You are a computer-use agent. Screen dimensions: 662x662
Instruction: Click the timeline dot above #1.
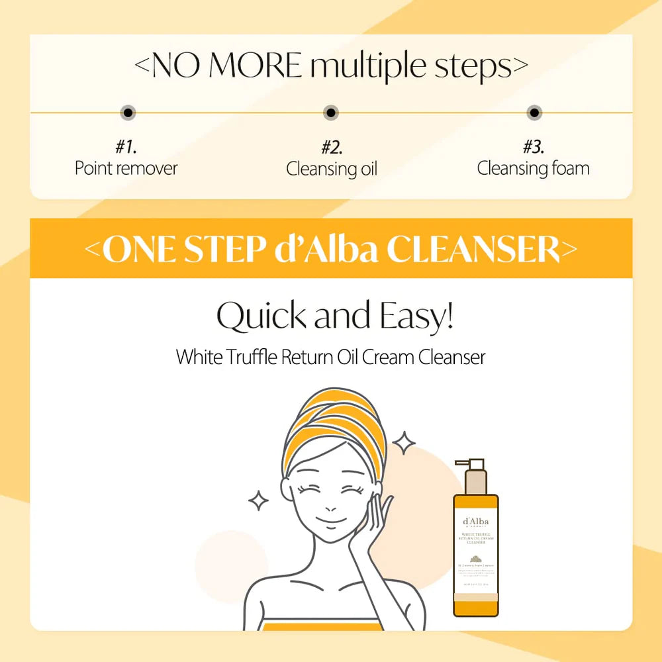pos(128,113)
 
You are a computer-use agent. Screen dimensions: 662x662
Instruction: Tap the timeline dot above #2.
pos(331,113)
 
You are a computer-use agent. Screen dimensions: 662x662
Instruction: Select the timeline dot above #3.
pos(534,113)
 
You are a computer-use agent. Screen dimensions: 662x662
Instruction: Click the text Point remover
pos(126,168)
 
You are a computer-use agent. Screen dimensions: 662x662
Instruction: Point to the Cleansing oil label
pos(331,169)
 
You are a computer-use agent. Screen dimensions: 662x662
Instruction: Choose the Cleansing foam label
pos(533,168)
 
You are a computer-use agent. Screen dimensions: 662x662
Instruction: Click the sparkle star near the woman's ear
pos(259,500)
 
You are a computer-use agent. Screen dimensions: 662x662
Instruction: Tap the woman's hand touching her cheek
pos(371,523)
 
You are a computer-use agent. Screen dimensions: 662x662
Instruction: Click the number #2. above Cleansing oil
pos(331,146)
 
